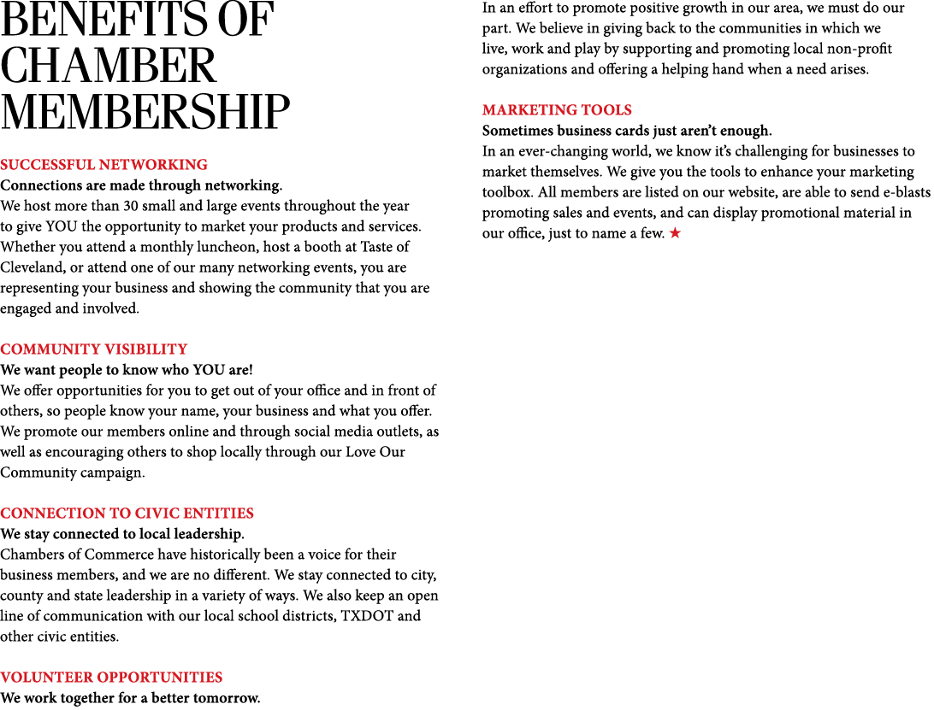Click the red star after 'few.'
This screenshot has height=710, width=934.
coord(675,232)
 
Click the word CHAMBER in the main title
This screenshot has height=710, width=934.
coord(108,66)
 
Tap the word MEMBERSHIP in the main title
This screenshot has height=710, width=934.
coord(145,112)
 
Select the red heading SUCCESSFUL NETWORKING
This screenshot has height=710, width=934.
coord(104,165)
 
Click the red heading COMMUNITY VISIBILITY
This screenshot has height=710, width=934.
coord(94,349)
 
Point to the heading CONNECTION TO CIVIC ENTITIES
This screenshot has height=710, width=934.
coord(127,513)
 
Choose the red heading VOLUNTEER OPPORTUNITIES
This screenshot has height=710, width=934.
coord(111,678)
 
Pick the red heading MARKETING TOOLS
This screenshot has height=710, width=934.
coord(557,110)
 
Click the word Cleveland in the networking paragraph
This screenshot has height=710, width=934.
coord(33,267)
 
